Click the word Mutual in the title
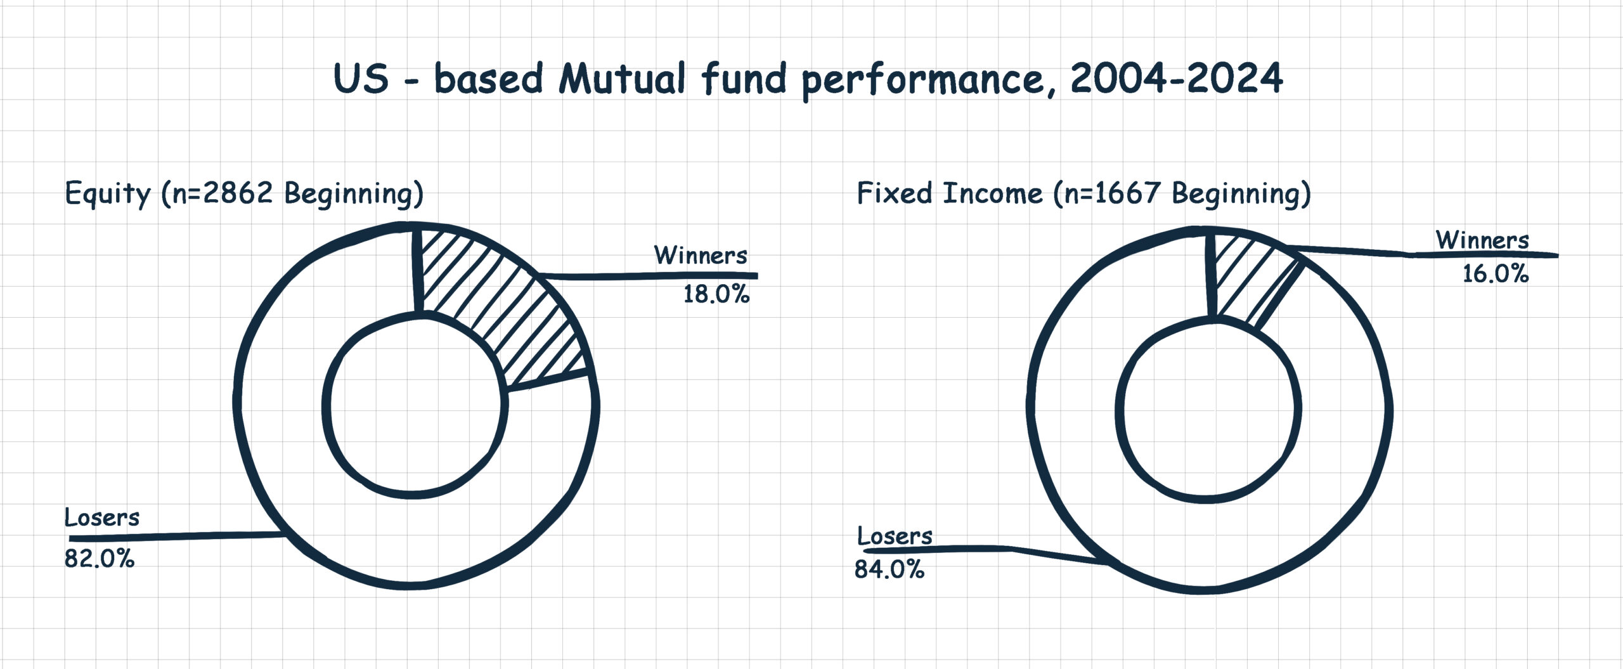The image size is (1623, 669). [x=622, y=80]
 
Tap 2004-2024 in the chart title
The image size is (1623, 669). [x=1176, y=79]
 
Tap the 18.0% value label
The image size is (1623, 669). [x=716, y=295]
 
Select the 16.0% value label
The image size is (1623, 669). [x=1496, y=274]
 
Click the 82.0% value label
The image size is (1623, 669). [x=100, y=559]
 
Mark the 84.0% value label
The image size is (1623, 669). [x=889, y=569]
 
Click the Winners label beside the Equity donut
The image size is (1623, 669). [x=701, y=255]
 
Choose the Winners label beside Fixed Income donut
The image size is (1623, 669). [x=1482, y=240]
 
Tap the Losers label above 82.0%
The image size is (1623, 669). [x=101, y=517]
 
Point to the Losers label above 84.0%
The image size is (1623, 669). [x=895, y=536]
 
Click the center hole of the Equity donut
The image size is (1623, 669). [x=415, y=406]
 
